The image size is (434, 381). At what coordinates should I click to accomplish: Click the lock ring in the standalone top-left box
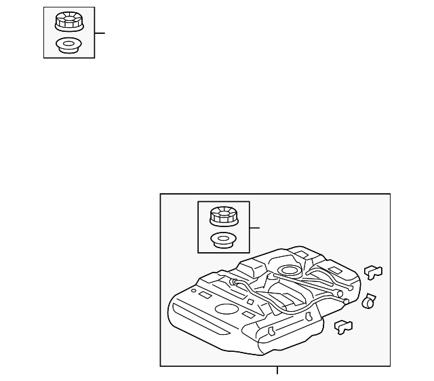click(x=68, y=22)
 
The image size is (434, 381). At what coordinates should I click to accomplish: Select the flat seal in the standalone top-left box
click(x=68, y=47)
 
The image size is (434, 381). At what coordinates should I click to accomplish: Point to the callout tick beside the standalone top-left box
click(x=100, y=33)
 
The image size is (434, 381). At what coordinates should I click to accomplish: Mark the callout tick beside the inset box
click(x=255, y=228)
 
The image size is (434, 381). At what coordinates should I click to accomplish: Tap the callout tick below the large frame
click(x=277, y=370)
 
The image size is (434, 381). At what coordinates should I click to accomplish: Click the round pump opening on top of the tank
click(x=290, y=273)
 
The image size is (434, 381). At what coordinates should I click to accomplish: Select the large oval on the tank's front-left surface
click(x=226, y=309)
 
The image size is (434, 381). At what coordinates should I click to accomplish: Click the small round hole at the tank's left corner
click(x=194, y=291)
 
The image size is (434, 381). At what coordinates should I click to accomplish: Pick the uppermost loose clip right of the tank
click(x=373, y=272)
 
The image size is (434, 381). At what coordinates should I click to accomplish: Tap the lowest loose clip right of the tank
click(x=344, y=327)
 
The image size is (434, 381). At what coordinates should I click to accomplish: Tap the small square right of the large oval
click(x=248, y=315)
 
